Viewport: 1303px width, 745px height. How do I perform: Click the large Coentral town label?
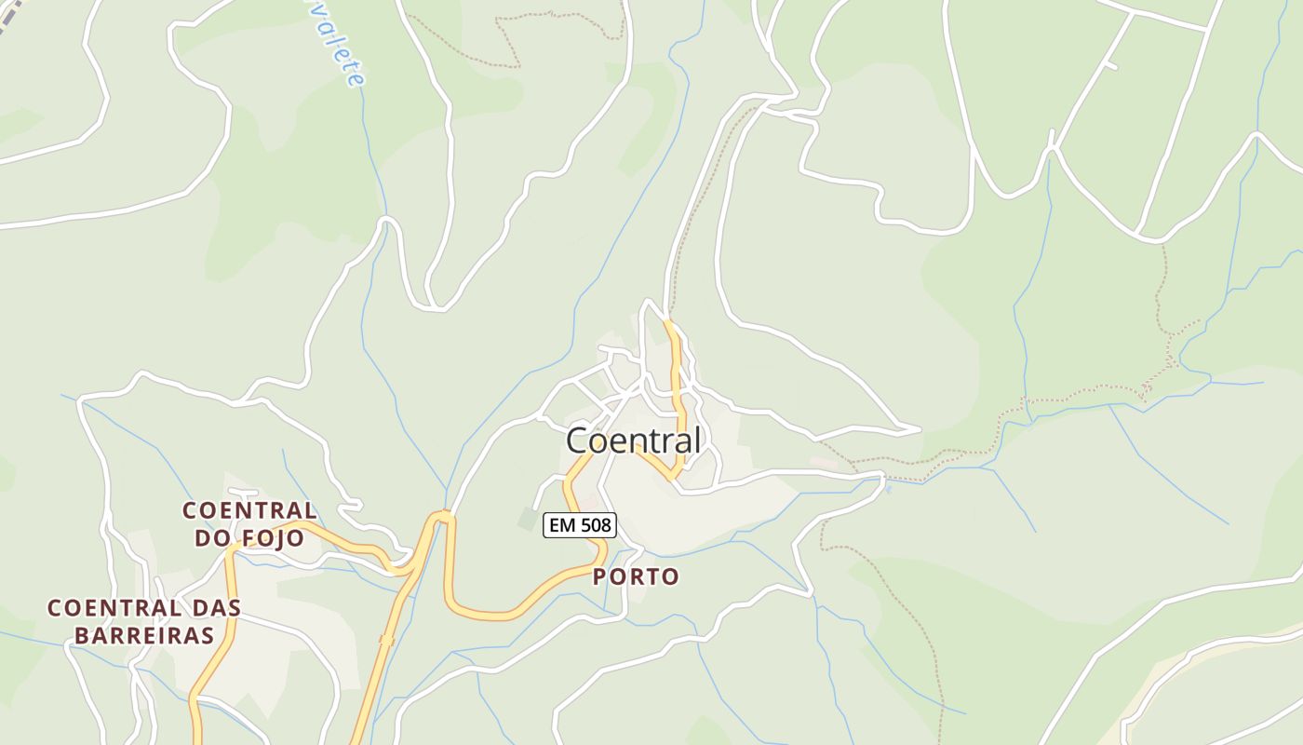tap(633, 440)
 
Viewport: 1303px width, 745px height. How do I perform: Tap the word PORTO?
tap(636, 577)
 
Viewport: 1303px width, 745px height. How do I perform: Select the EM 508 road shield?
tap(579, 525)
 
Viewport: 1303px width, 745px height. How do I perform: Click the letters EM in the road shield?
tap(561, 525)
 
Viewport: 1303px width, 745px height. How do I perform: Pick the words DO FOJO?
tap(249, 538)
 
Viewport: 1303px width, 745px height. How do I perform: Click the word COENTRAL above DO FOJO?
tap(249, 510)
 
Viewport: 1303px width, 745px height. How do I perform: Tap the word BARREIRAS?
tap(144, 636)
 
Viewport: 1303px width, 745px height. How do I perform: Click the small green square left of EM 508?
tap(529, 519)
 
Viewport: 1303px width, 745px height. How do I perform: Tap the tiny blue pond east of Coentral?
tap(888, 488)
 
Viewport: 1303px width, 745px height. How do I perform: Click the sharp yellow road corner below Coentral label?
tap(673, 477)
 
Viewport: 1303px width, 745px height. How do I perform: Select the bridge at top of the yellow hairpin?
tap(442, 514)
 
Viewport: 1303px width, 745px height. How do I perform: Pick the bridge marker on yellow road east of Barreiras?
tap(386, 640)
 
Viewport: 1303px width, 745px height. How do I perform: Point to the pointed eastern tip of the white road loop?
tap(919, 429)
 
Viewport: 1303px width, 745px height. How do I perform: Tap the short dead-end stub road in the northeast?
tap(1111, 66)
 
